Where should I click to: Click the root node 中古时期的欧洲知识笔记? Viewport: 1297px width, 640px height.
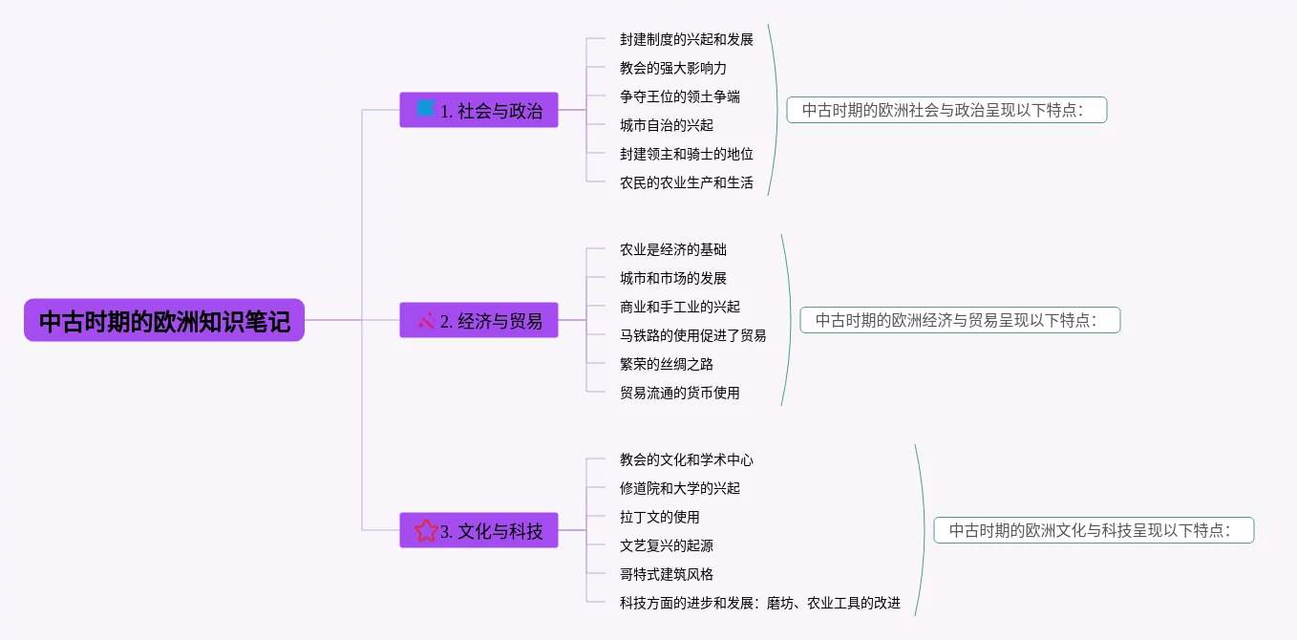pyautogui.click(x=164, y=321)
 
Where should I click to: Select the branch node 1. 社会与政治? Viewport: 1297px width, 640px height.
pyautogui.click(x=478, y=110)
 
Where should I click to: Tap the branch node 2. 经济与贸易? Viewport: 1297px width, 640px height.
pyautogui.click(x=478, y=320)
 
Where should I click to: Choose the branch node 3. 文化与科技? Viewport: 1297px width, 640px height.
pyautogui.click(x=478, y=530)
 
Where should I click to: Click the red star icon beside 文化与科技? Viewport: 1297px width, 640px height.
pyautogui.click(x=426, y=530)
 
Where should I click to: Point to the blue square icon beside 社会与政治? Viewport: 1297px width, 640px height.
pyautogui.click(x=426, y=108)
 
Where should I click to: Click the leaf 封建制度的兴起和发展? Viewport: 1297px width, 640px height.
pyautogui.click(x=686, y=39)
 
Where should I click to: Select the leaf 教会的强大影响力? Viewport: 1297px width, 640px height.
pyautogui.click(x=672, y=68)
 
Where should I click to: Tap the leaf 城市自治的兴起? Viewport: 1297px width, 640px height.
pyautogui.click(x=666, y=125)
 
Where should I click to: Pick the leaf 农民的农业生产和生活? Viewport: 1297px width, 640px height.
pyautogui.click(x=686, y=182)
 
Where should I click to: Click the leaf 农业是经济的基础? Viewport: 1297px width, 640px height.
pyautogui.click(x=672, y=249)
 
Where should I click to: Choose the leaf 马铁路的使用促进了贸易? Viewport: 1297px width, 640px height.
pyautogui.click(x=692, y=335)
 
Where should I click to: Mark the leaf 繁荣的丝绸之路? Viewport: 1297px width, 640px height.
pyautogui.click(x=666, y=364)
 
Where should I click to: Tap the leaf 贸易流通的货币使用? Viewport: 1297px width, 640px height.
pyautogui.click(x=679, y=393)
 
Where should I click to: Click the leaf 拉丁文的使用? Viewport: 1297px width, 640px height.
pyautogui.click(x=659, y=517)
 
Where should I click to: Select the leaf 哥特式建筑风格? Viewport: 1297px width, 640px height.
pyautogui.click(x=666, y=574)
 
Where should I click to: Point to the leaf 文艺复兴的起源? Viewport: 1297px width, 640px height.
pyautogui.click(x=666, y=545)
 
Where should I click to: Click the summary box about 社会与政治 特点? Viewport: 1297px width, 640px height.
pyautogui.click(x=946, y=110)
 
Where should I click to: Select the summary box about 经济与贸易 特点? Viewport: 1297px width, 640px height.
pyautogui.click(x=960, y=320)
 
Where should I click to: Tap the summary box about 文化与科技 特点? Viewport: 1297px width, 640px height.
pyautogui.click(x=1094, y=530)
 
